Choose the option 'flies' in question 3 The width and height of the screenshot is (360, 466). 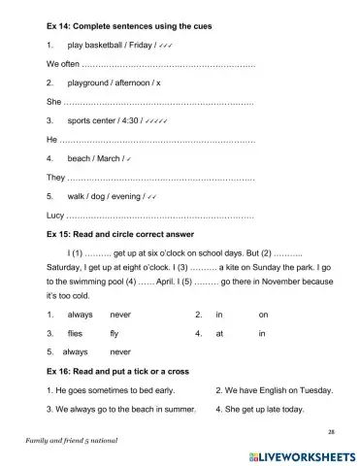pyautogui.click(x=78, y=333)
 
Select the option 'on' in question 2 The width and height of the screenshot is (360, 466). pyautogui.click(x=263, y=315)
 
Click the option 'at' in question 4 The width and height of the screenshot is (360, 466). pyautogui.click(x=219, y=333)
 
